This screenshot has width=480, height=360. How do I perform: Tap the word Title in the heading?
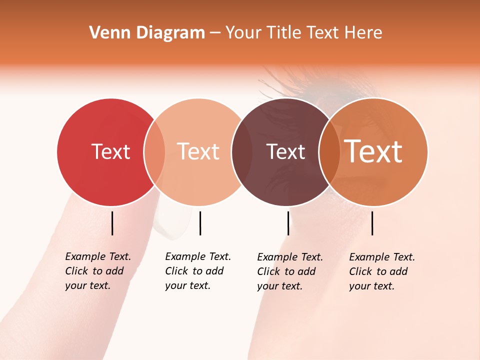pyautogui.click(x=285, y=33)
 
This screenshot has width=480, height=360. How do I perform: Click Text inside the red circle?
pyautogui.click(x=110, y=151)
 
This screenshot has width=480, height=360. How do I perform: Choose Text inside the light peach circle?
pyautogui.click(x=198, y=151)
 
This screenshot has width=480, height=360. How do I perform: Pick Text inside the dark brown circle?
pyautogui.click(x=285, y=151)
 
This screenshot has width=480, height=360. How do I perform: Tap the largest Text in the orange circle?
pyautogui.click(x=373, y=151)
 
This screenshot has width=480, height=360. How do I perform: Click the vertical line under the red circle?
pyautogui.click(x=112, y=223)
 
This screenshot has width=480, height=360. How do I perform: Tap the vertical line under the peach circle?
pyautogui.click(x=200, y=223)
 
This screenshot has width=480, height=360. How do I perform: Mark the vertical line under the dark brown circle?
pyautogui.click(x=288, y=223)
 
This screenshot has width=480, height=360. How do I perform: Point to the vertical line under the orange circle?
pyautogui.click(x=372, y=223)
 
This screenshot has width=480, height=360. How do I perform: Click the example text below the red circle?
pyautogui.click(x=97, y=271)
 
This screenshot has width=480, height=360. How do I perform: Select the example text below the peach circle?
pyautogui.click(x=197, y=271)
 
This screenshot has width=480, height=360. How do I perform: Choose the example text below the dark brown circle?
pyautogui.click(x=289, y=271)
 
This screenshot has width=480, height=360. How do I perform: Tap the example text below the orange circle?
pyautogui.click(x=381, y=271)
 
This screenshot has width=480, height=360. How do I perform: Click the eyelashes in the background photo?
pyautogui.click(x=280, y=82)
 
